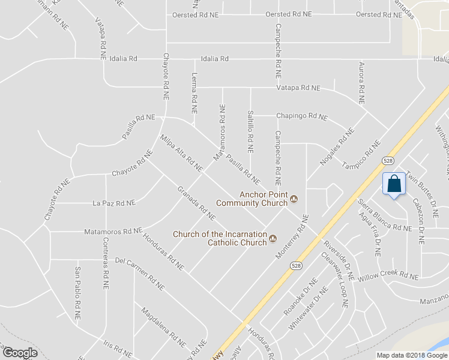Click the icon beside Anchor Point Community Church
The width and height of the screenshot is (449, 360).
pos(294,199)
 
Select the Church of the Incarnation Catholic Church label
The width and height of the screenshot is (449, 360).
pos(220,238)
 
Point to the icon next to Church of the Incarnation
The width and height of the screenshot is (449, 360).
pos(273,239)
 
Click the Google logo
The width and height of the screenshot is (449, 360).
pos(19,353)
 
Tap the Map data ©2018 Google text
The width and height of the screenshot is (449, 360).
pos(411,355)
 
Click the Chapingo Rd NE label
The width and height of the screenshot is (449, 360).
pos(302,116)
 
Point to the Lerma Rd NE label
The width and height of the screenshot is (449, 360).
pos(194,94)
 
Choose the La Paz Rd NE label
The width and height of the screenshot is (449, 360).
pos(114,203)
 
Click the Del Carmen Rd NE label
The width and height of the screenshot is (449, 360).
pos(139,275)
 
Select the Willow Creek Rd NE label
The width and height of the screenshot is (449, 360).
pos(388,277)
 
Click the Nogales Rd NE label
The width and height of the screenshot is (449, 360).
pos(335,148)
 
